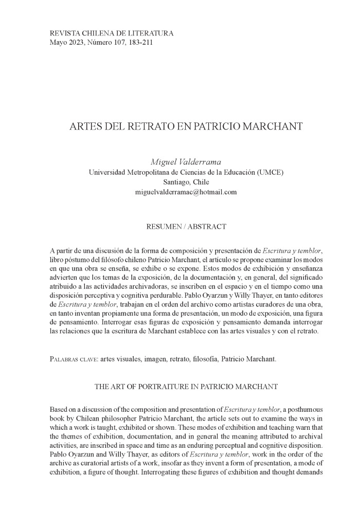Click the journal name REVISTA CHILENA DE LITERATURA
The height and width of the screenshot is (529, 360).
[x=112, y=33]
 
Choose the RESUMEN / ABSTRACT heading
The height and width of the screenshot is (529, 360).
[x=186, y=226]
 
